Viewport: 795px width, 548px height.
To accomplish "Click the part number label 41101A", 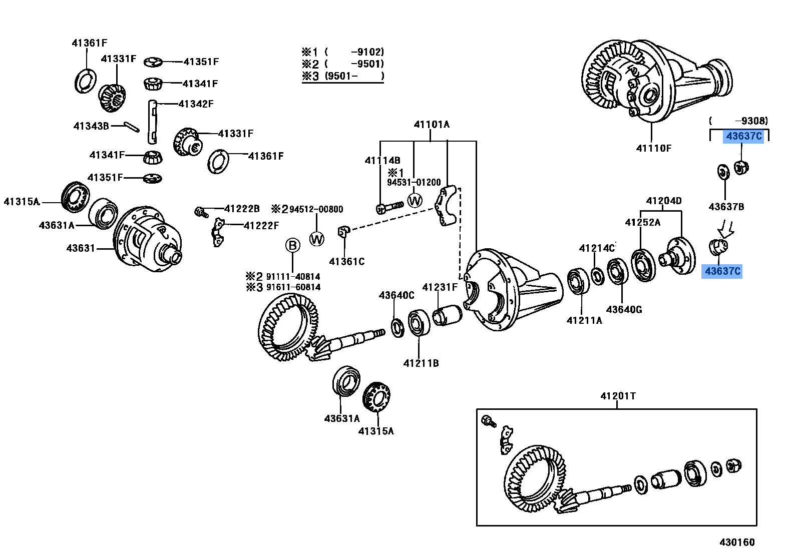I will pos(432,125).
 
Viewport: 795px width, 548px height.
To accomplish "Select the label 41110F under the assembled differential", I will pos(653,148).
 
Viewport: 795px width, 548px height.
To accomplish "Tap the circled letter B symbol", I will pos(292,245).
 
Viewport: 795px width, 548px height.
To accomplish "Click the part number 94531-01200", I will pos(414,183).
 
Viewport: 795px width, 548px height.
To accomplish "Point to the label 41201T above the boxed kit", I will pos(618,396).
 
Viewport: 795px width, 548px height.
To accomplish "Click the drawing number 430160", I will pos(736,542).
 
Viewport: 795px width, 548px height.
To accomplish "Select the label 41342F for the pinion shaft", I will pos(196,104).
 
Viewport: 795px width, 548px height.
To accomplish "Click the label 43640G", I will pos(624,310).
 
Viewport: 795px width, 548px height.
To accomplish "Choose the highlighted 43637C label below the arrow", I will pos(722,271).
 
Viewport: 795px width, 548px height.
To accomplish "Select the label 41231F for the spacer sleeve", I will pos(440,287).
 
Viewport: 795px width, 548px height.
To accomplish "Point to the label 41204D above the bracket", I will pos(663,201).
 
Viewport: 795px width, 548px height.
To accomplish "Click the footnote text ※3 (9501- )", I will pos(342,76).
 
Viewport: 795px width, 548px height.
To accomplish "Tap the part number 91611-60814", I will pos(293,287).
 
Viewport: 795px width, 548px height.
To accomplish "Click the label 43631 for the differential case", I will pos(81,248).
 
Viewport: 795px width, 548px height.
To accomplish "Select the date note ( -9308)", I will pos(738,121).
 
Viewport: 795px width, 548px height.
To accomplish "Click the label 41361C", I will pos(346,261).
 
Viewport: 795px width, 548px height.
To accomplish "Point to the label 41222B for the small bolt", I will pos(242,209).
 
